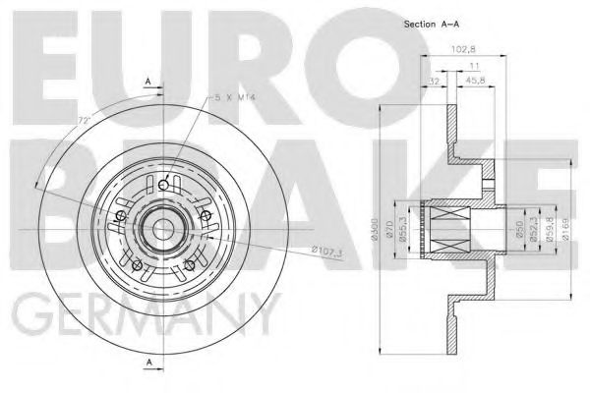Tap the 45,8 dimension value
coord(475,82)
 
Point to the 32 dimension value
coord(434,82)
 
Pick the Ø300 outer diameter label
coord(375,230)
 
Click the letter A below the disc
coord(147,365)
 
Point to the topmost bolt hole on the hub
coord(166,182)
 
